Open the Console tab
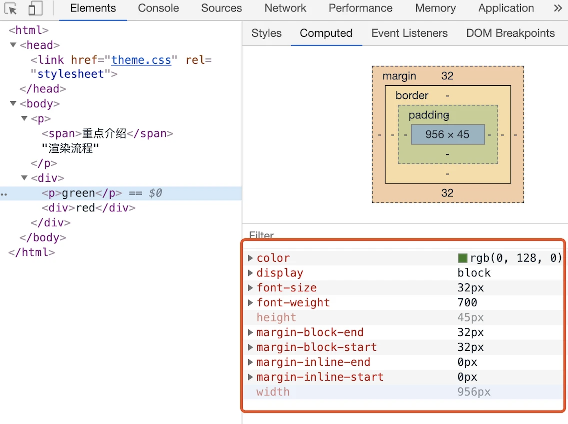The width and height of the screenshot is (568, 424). [x=158, y=8]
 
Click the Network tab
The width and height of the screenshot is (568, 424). [x=285, y=8]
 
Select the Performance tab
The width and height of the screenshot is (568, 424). [x=361, y=8]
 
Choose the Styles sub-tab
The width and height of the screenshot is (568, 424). [x=266, y=33]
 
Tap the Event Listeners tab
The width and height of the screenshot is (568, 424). [x=409, y=33]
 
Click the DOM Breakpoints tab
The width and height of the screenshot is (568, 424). [x=511, y=33]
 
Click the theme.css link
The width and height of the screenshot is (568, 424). [x=141, y=60]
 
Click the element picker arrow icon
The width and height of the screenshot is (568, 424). [x=11, y=9]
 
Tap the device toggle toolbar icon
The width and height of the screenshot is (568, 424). [x=35, y=8]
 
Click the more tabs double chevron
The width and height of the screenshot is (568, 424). [x=558, y=8]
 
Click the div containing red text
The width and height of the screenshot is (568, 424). [x=89, y=208]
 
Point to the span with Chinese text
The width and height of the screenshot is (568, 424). [x=107, y=134]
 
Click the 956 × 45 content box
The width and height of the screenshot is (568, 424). [x=447, y=135]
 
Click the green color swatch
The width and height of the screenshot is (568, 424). [x=462, y=258]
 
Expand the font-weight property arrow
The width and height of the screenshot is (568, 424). [x=250, y=302]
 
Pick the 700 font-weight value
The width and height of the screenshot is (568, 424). [x=467, y=302]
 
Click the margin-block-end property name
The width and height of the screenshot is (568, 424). [x=310, y=332]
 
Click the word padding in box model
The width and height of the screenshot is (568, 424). [x=429, y=115]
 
